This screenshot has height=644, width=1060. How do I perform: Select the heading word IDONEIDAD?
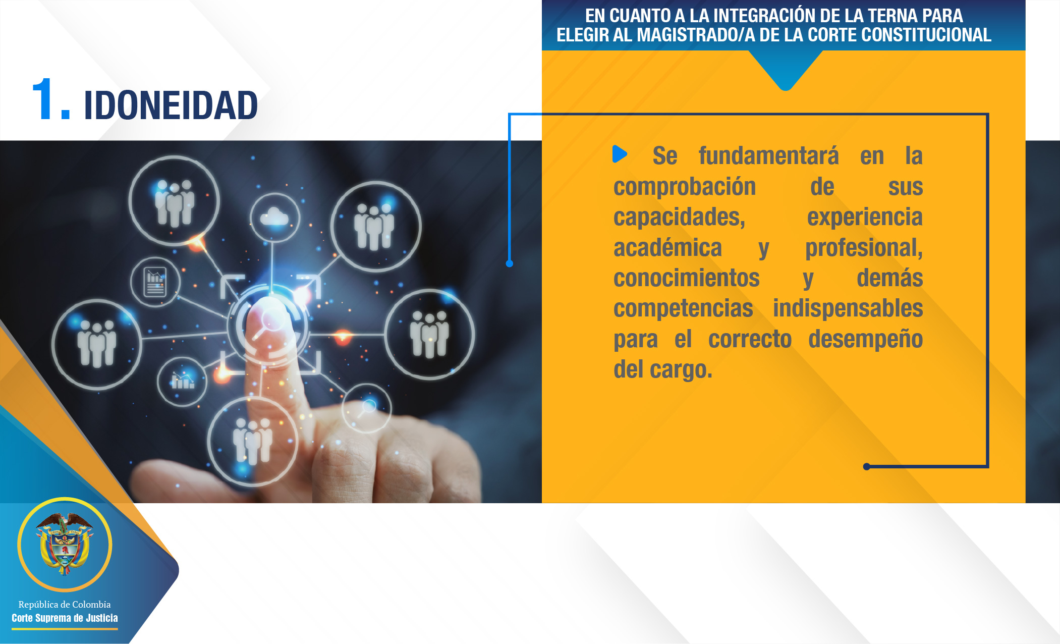pyautogui.click(x=171, y=105)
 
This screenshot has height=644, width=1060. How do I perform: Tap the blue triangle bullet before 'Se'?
pyautogui.click(x=620, y=154)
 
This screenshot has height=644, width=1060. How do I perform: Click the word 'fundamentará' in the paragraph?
pyautogui.click(x=768, y=155)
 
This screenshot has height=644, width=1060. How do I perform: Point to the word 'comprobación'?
pyautogui.click(x=685, y=187)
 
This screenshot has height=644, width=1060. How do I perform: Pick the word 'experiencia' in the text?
pyautogui.click(x=865, y=218)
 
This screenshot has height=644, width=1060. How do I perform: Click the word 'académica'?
pyautogui.click(x=667, y=247)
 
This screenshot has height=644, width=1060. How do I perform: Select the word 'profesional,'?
pyautogui.click(x=864, y=248)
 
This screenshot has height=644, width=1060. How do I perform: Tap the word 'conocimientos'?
pyautogui.click(x=686, y=278)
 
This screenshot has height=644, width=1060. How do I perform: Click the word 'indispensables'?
pyautogui.click(x=848, y=308)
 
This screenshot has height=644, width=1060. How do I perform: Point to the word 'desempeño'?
pyautogui.click(x=866, y=339)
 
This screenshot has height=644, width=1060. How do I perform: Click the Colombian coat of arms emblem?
pyautogui.click(x=65, y=544)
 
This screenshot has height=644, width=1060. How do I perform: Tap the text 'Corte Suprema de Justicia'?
pyautogui.click(x=65, y=618)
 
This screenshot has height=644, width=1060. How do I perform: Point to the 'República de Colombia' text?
pyautogui.click(x=65, y=604)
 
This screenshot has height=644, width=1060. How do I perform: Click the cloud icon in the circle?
pyautogui.click(x=274, y=217)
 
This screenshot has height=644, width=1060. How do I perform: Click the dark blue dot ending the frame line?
pyautogui.click(x=867, y=466)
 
